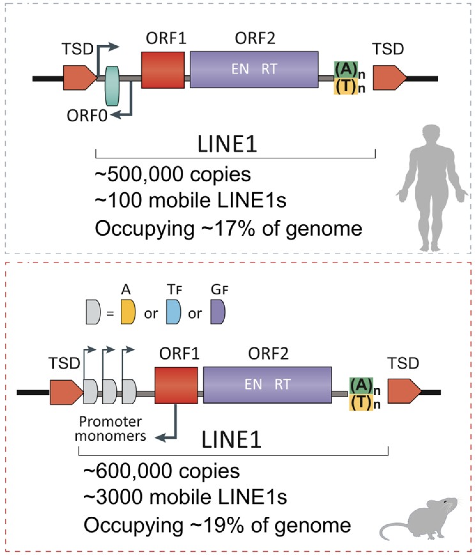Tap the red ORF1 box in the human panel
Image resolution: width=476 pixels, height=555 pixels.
pos(163,70)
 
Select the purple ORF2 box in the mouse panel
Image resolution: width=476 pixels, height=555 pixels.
pos(267,385)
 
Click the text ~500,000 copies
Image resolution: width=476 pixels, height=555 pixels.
pos(173,175)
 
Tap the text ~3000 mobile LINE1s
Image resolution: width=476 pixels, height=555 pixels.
pos(185,497)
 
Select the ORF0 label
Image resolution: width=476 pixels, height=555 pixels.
pos(87,116)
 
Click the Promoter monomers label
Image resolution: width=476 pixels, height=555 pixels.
pos(110,429)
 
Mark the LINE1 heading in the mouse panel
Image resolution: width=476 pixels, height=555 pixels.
pos(232,439)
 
